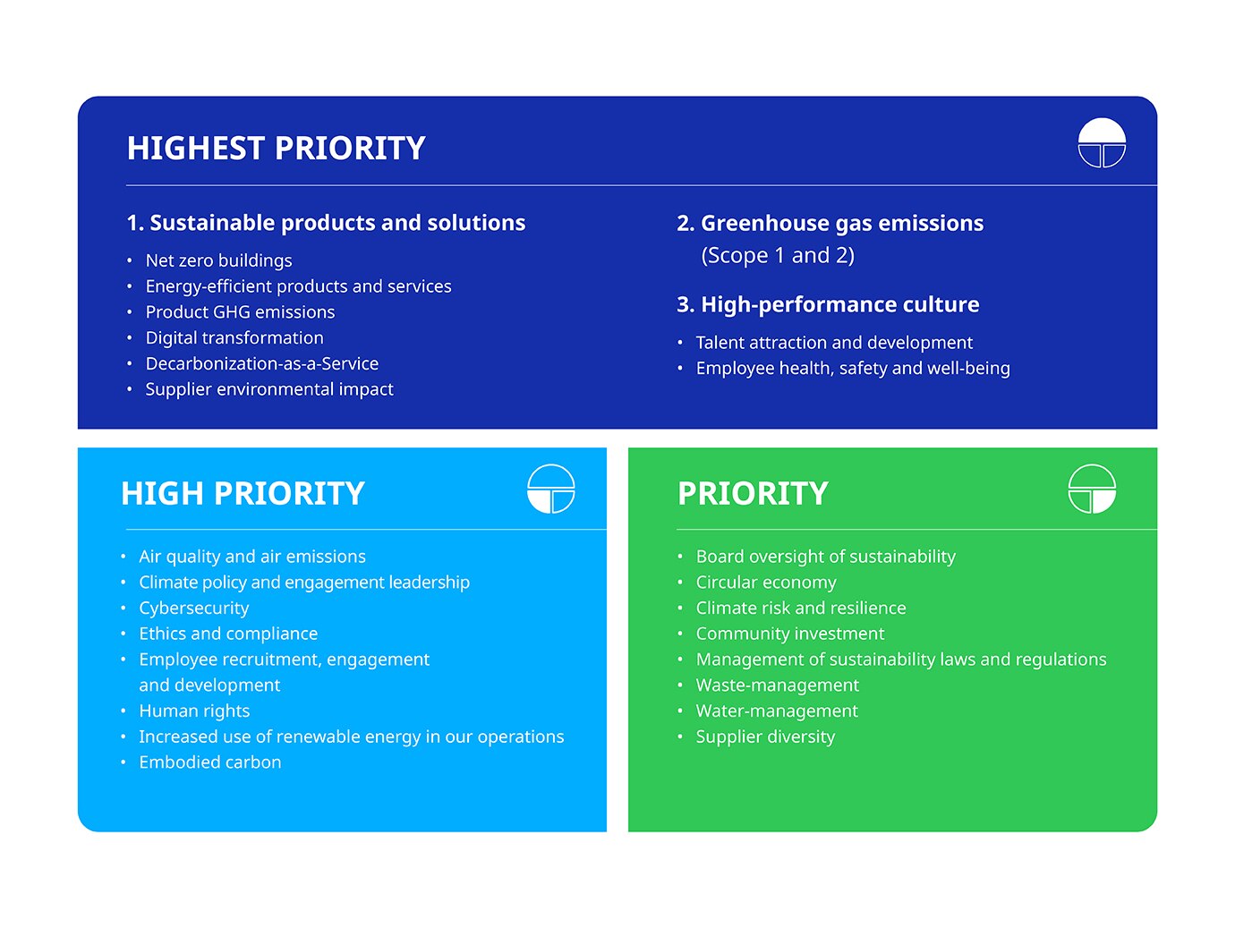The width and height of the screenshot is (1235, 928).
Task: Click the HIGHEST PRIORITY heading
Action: pos(276,148)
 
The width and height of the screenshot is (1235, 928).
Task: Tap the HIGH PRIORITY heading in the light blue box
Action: pos(243,493)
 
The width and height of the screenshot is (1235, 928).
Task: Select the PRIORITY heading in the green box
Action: pos(753,493)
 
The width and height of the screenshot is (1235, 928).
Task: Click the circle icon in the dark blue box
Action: pos(1101,143)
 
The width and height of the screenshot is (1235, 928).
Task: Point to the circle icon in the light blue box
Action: pos(550,489)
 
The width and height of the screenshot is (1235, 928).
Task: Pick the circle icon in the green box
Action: pos(1092,489)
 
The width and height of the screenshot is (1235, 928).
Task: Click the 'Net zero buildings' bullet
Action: pos(218,261)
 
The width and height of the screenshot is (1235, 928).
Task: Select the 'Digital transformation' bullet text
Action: pos(234,338)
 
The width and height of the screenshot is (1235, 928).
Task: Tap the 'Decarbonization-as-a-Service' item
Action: pos(261,364)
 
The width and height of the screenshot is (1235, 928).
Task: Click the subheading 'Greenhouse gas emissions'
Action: pos(842,224)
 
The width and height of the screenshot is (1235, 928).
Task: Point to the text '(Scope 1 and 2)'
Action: pos(778,256)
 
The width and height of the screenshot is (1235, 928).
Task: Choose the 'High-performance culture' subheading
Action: pos(839,305)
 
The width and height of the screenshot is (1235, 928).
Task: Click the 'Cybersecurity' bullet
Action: pos(193,609)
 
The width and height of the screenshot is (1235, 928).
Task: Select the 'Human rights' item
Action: pos(194,711)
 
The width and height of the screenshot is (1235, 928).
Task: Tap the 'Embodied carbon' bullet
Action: pos(210,762)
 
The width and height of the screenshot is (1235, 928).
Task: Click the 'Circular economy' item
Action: pos(766,583)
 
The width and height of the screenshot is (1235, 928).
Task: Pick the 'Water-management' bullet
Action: pos(777,711)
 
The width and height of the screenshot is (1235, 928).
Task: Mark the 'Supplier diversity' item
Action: pos(765,737)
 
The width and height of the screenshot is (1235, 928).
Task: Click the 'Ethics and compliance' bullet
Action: pos(228,634)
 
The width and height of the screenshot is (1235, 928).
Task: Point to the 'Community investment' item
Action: pos(790,634)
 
